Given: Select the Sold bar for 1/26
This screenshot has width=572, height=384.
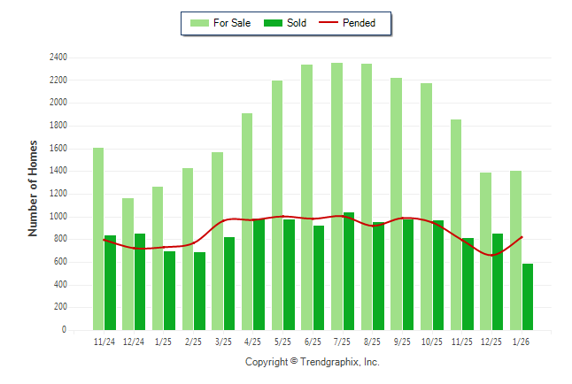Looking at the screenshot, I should tap(528, 296).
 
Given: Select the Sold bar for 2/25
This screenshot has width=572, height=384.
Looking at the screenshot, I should tap(199, 291).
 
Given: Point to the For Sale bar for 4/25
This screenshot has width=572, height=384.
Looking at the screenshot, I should tap(247, 221).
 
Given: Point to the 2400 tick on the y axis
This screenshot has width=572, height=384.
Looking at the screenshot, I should tap(58, 58).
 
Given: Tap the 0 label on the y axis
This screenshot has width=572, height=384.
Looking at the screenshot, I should tap(65, 330).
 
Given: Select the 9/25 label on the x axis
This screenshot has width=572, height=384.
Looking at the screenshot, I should tap(402, 342).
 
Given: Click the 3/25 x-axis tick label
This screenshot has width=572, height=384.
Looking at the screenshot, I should tap(223, 342).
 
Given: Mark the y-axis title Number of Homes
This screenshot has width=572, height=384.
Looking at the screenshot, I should tap(34, 188).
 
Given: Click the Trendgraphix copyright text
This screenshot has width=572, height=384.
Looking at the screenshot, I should tap(312, 362).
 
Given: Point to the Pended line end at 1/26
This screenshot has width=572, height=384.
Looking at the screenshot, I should tap(522, 236).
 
